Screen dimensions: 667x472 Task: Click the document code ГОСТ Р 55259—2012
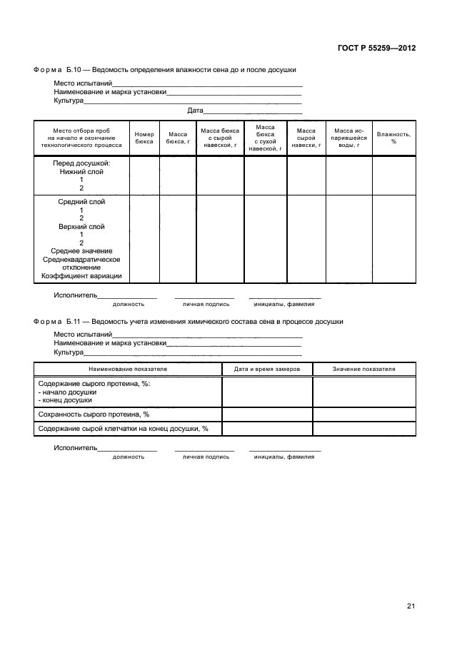376,49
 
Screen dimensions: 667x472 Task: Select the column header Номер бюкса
144,138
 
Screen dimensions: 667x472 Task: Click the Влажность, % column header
393,138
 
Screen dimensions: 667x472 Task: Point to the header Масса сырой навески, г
306,138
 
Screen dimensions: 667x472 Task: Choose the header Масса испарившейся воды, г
349,138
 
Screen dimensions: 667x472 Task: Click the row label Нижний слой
81,172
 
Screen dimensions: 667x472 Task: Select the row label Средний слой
81,202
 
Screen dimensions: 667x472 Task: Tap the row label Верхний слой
81,227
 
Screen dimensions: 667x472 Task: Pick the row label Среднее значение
81,251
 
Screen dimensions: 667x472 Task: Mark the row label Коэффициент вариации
81,276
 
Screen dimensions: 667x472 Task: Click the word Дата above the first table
195,111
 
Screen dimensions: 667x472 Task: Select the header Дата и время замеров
267,369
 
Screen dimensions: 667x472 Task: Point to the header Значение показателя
363,369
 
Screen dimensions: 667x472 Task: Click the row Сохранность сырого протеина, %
94,414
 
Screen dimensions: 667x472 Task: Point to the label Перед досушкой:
81,163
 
